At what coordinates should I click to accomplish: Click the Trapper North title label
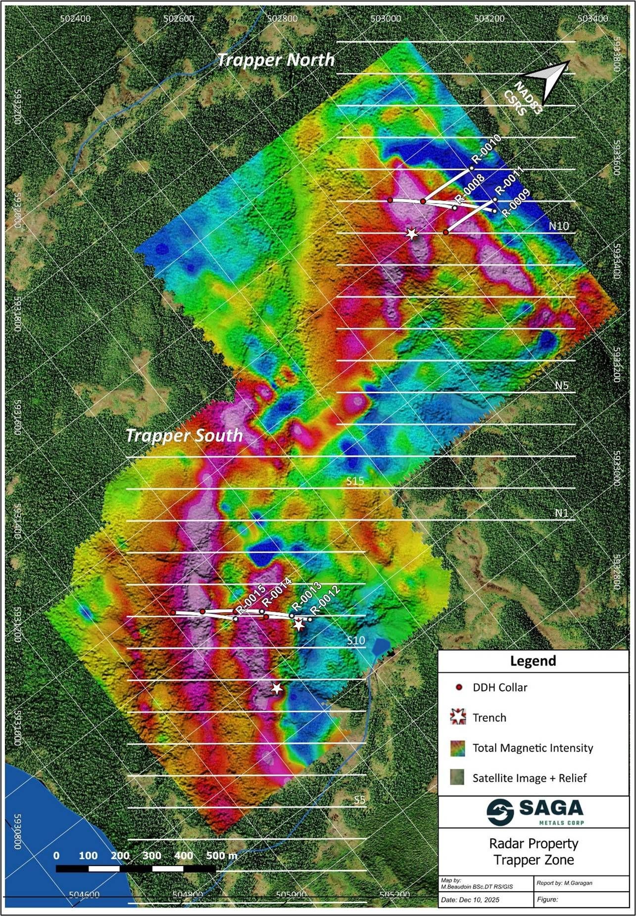[x=276, y=60]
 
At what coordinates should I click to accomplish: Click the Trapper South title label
[x=184, y=435]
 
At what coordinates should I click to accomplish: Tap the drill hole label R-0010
[x=487, y=149]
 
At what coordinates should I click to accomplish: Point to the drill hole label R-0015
[x=251, y=599]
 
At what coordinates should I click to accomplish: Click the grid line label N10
[x=559, y=226]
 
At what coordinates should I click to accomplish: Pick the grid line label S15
[x=355, y=481]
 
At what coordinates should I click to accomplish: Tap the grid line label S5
[x=359, y=799]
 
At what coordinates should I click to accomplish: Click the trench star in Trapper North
[x=412, y=233]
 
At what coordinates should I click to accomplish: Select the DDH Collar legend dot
[x=459, y=687]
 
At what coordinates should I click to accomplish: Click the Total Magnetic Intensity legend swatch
[x=458, y=748]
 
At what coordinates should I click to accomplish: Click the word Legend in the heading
[x=533, y=661]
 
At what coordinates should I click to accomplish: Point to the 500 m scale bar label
[x=221, y=855]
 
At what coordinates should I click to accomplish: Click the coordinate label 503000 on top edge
[x=386, y=19]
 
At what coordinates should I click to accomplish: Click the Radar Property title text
[x=534, y=843]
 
